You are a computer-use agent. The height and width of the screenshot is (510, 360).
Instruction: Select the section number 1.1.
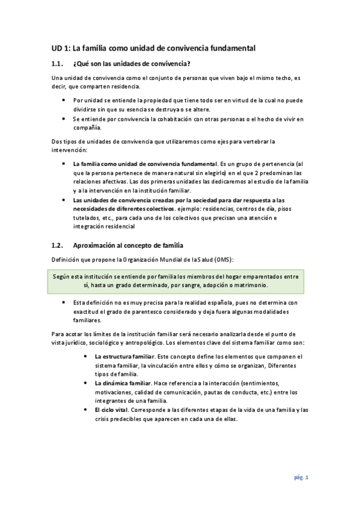58,64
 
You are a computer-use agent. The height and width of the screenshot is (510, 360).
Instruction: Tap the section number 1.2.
58,245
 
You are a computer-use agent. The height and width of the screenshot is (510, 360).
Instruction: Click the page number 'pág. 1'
301,477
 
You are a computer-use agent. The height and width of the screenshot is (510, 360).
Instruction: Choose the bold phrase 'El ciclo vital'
111,410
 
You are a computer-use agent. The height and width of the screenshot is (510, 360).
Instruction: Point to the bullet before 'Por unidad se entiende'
64,101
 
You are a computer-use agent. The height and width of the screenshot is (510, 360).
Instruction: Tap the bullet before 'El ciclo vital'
88,410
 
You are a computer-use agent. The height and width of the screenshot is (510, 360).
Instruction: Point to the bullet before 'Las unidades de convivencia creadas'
64,199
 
